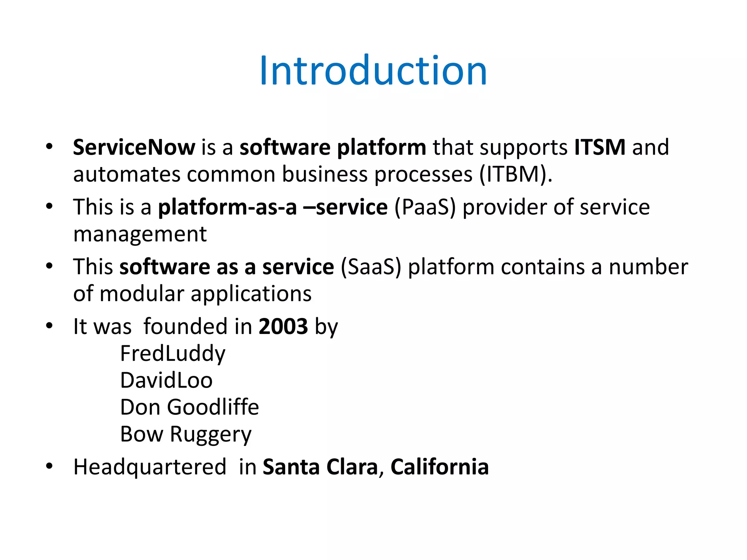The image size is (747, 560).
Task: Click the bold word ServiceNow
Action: pyautogui.click(x=134, y=147)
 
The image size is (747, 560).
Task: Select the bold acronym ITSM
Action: pyautogui.click(x=600, y=147)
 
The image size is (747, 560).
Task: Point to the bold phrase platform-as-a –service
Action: pyautogui.click(x=272, y=207)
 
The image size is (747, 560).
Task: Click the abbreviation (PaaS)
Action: pyautogui.click(x=425, y=207)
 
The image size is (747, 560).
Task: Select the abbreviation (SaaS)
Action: pyautogui.click(x=371, y=267)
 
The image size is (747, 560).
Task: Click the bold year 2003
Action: pyautogui.click(x=283, y=326)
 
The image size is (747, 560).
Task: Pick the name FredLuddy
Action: pyautogui.click(x=173, y=354)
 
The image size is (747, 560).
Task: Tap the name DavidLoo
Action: pyautogui.click(x=166, y=381)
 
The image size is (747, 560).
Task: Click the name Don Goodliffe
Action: pyautogui.click(x=189, y=407)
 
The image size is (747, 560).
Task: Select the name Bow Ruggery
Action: pyautogui.click(x=186, y=434)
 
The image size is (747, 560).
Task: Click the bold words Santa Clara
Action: pyautogui.click(x=320, y=467)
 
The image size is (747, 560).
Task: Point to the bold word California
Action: pyautogui.click(x=439, y=467)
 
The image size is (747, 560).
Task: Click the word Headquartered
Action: pyautogui.click(x=150, y=467)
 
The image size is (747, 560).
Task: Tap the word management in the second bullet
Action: pyautogui.click(x=140, y=234)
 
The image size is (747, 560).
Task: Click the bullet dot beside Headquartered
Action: pyautogui.click(x=50, y=466)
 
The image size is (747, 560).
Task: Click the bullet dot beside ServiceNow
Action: pyautogui.click(x=50, y=147)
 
